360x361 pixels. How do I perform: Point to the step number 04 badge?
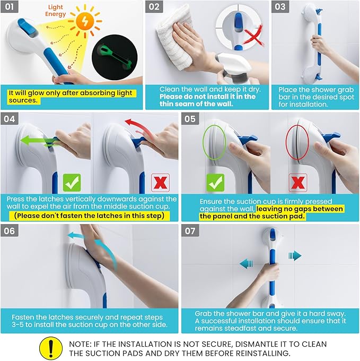10,119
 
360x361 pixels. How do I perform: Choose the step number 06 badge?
10,231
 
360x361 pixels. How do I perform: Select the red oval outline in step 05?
297,142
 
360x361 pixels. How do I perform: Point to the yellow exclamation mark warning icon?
51,348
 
